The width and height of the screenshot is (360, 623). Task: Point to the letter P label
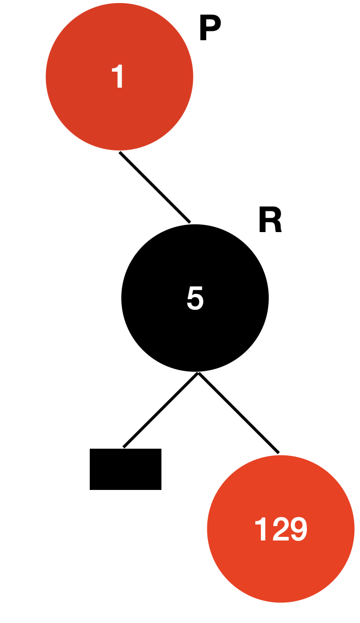coord(209,29)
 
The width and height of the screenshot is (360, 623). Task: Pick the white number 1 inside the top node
coord(119,77)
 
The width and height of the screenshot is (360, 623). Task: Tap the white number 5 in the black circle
coord(195,298)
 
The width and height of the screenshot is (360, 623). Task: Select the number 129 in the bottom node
coord(281,529)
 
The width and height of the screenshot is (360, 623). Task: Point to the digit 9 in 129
coord(298,529)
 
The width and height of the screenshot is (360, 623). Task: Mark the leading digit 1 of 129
coord(261,529)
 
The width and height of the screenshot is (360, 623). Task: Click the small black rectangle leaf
coord(125,469)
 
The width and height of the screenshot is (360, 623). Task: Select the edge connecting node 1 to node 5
coord(155,187)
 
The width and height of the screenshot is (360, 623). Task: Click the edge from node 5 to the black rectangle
coord(160,410)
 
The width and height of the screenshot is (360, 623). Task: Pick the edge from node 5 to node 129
coord(238,413)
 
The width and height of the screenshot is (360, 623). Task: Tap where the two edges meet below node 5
coord(198,373)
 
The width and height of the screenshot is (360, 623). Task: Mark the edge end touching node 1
coord(121,153)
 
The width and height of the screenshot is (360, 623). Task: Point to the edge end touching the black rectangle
coord(124,446)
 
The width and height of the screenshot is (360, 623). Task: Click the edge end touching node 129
coord(278,452)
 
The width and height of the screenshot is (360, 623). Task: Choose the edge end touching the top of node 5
coord(189,222)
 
